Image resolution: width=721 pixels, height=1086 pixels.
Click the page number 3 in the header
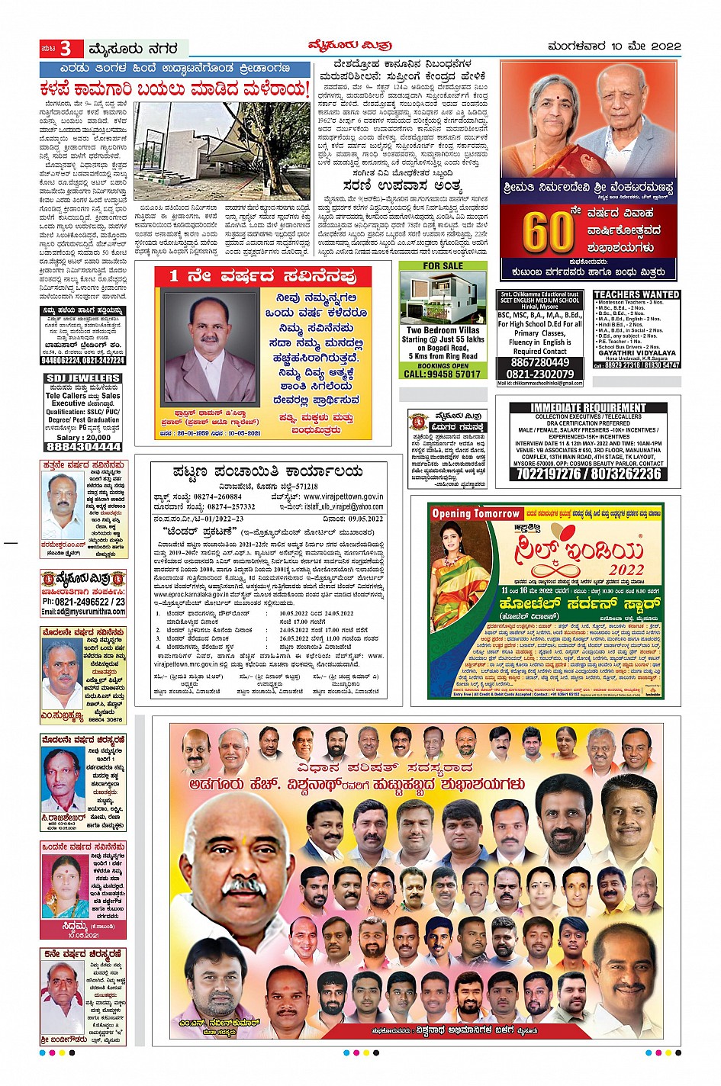(66, 49)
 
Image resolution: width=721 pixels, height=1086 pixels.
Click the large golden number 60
(548, 231)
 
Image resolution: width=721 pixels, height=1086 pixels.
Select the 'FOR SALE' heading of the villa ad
(443, 266)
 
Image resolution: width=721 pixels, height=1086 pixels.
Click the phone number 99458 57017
(443, 374)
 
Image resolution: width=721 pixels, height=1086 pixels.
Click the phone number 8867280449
(540, 362)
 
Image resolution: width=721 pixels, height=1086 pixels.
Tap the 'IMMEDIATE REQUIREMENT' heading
(587, 408)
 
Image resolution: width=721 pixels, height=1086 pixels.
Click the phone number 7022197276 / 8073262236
(588, 474)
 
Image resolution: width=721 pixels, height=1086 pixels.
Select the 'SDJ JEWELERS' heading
(83, 378)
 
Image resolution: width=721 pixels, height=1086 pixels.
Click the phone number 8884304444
(83, 447)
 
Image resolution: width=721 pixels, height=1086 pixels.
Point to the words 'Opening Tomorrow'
(475, 514)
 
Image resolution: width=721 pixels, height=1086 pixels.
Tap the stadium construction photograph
(222, 151)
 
